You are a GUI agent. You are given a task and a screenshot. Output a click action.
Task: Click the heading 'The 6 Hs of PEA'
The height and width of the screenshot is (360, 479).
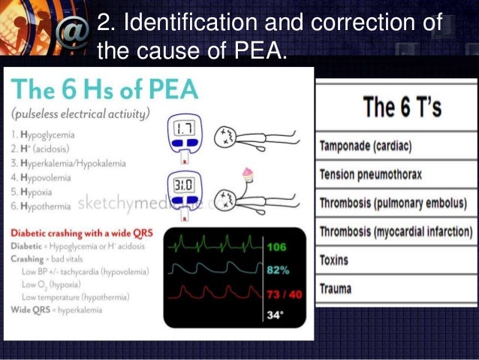[x=104, y=91]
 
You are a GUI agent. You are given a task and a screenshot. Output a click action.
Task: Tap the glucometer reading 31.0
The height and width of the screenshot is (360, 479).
[x=187, y=186]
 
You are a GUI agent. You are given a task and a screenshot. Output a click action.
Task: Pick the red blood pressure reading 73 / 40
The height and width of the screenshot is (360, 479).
[x=284, y=293]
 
